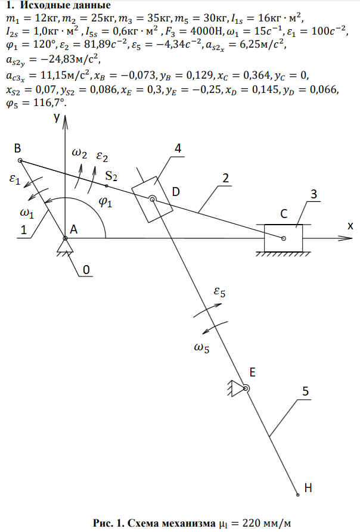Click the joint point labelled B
coord(20,161)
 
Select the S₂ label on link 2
coord(111,176)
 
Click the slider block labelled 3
coord(283,238)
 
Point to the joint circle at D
coord(153,200)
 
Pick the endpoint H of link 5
coord(297,494)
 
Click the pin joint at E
coord(245,389)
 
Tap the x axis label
coord(350,226)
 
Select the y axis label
coord(56,118)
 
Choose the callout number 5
coord(305,391)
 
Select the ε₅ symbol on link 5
coord(221,293)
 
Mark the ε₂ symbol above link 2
coord(102,157)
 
